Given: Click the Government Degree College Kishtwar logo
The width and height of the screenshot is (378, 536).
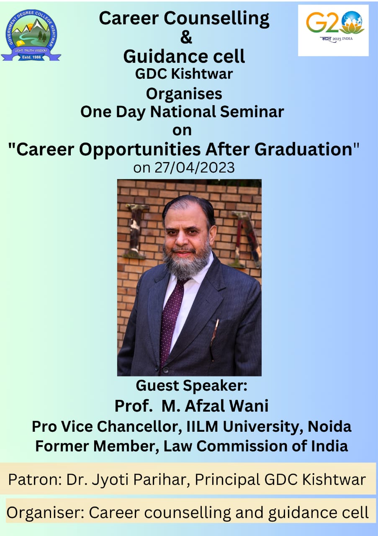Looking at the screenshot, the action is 31,35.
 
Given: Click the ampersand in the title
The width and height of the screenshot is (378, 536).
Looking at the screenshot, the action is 186,37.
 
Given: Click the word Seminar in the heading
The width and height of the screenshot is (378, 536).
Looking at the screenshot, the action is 252,112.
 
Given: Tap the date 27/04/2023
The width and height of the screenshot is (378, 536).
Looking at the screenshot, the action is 195,167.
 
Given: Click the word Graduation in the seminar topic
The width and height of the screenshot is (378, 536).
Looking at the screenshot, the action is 303,149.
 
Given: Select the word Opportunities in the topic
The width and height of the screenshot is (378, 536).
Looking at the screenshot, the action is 140,150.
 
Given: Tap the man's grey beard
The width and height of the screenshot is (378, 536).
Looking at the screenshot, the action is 186,263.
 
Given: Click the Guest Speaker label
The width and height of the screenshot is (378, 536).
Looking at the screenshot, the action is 191,386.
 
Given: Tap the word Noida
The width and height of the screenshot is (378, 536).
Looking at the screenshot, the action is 329,427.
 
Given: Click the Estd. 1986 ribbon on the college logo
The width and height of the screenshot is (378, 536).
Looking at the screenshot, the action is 31,57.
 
